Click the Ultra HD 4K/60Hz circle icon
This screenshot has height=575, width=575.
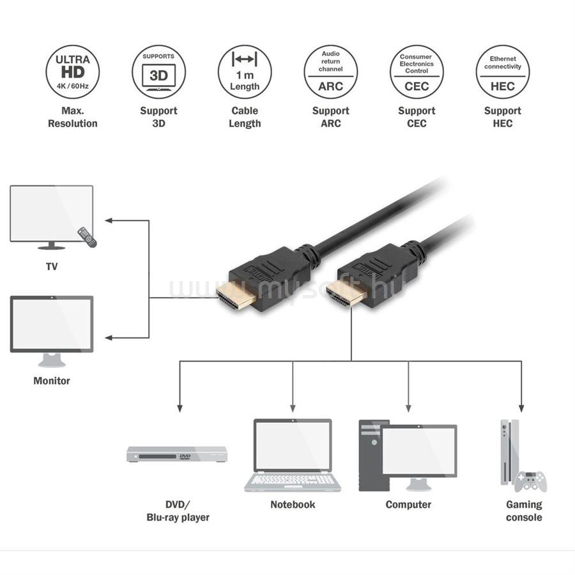point(73,72)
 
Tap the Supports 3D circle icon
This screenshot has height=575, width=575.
point(158,72)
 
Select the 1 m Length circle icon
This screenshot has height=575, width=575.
point(245,72)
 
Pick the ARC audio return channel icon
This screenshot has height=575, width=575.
point(330,72)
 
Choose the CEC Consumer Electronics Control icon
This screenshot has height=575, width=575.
point(417,72)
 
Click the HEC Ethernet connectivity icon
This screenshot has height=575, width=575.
point(502,72)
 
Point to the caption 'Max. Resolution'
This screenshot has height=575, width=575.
point(73,117)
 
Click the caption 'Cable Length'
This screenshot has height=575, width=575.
point(245,117)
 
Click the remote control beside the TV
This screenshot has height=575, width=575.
point(87,237)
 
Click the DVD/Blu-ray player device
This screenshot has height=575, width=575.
point(177,454)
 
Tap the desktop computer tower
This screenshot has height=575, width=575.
point(373,455)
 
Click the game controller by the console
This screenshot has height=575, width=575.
point(531,480)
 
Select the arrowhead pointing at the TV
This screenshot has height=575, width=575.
point(109,220)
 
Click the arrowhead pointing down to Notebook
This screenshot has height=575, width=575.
point(293,407)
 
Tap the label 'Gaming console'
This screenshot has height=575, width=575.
point(524,510)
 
